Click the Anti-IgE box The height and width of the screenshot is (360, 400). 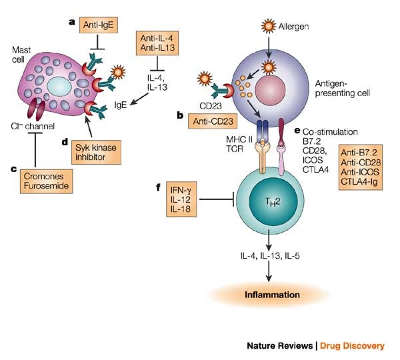pyautogui.click(x=99, y=25)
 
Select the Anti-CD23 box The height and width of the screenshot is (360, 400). pyautogui.click(x=213, y=121)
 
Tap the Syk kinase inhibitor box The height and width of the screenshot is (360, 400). pyautogui.click(x=96, y=152)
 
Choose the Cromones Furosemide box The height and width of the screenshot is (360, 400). pyautogui.click(x=47, y=181)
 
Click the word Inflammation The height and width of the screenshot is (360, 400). pyautogui.click(x=272, y=295)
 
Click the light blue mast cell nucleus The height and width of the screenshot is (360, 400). pyautogui.click(x=59, y=87)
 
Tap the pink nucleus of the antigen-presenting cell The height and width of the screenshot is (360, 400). pyautogui.click(x=270, y=90)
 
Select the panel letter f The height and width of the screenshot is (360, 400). pyautogui.click(x=158, y=187)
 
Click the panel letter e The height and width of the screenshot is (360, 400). pyautogui.click(x=297, y=131)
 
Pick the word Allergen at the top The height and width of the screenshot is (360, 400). pyautogui.click(x=293, y=27)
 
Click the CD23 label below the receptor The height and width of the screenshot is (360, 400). pyautogui.click(x=211, y=106)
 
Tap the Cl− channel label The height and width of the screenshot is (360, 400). pyautogui.click(x=33, y=126)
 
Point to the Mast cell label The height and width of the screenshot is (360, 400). pyautogui.click(x=21, y=55)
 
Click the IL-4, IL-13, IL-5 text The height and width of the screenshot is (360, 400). pyautogui.click(x=270, y=255)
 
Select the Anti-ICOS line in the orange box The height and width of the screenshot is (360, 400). pyautogui.click(x=360, y=172)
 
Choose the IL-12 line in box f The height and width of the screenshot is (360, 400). pyautogui.click(x=181, y=199)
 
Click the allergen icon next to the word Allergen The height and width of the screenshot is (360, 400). pyautogui.click(x=269, y=26)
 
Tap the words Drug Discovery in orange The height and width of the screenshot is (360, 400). pyautogui.click(x=352, y=346)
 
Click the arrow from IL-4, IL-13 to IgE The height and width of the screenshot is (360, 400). pyautogui.click(x=139, y=99)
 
